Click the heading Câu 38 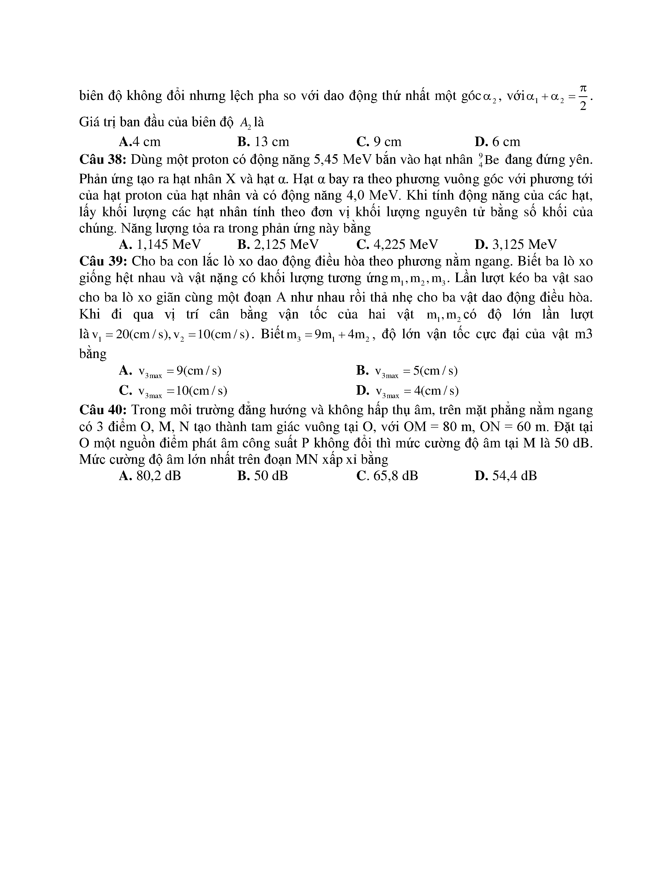click(103, 160)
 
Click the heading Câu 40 click(103, 410)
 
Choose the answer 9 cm click(379, 142)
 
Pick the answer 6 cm click(498, 142)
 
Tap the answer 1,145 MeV click(160, 244)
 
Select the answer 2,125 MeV click(278, 244)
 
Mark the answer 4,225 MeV click(397, 244)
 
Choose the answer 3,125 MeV click(516, 244)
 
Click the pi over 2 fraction click(583, 98)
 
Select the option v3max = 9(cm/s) click(171, 371)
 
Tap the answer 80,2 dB click(150, 476)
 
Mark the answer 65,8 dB click(387, 476)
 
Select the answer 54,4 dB click(506, 476)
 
